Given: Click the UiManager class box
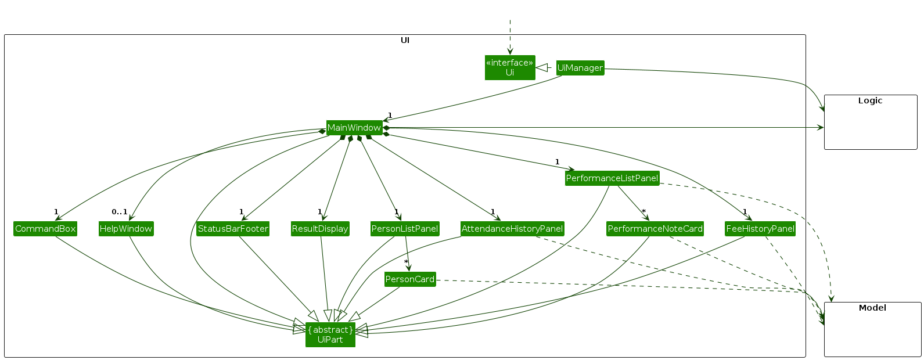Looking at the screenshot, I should (x=580, y=68).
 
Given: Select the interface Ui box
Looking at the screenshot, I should (x=509, y=67).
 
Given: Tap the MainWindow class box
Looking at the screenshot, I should (x=354, y=128).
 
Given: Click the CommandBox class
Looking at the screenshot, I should (x=45, y=229).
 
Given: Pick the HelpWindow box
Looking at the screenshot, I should (x=125, y=229).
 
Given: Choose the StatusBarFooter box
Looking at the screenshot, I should (x=232, y=229).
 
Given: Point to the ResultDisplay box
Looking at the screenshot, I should (x=320, y=229).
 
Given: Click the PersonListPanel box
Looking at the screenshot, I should (x=404, y=229).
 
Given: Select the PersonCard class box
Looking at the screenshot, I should (x=409, y=279).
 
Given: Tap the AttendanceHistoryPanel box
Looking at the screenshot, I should (x=512, y=229).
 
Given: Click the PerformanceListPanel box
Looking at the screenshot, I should (x=612, y=178).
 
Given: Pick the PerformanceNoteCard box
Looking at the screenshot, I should (x=655, y=229).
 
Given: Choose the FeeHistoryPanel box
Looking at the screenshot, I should (x=760, y=229).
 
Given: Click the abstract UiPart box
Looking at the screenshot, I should (x=330, y=334).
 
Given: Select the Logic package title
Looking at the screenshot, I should (x=870, y=100).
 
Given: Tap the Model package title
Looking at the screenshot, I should (x=872, y=308).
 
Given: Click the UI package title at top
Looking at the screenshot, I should (x=405, y=40).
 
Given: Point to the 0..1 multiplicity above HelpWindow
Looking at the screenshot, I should (x=120, y=211).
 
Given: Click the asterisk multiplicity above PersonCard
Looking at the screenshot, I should (x=406, y=262).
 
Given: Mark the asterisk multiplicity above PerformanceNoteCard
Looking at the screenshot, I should (x=643, y=211).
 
